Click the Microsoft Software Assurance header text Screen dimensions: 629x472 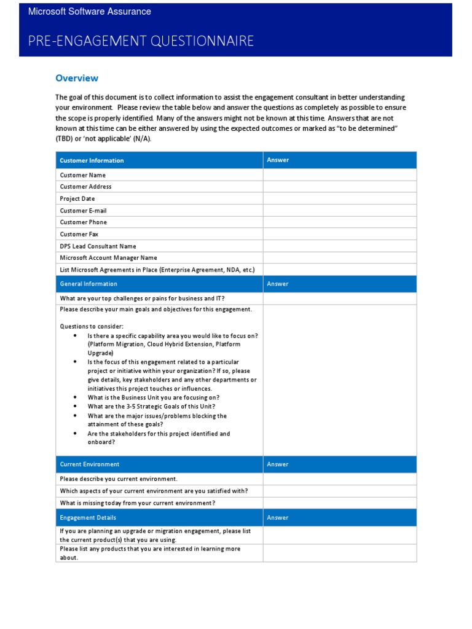pos(90,12)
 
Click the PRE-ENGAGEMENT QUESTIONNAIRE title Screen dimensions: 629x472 pos(141,41)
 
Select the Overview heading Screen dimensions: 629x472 pos(77,78)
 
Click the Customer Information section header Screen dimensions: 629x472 pos(92,160)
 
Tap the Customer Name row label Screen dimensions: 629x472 pos(83,175)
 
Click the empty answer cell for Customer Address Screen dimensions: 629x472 pos(339,187)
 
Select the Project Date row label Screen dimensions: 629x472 pos(77,199)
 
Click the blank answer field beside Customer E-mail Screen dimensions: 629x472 pos(339,211)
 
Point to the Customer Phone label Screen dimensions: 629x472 pos(83,222)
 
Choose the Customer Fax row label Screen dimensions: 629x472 pos(79,234)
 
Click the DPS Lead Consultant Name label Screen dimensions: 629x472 pos(98,246)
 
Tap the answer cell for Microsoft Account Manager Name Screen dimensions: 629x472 pos(339,258)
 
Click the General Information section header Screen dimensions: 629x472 pos(88,284)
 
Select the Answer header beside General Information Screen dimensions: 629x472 pos(278,284)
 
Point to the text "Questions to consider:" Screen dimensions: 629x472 pos(92,327)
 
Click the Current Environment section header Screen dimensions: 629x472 pos(90,464)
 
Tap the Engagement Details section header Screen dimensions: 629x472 pos(88,518)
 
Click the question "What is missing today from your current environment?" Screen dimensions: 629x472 pos(138,503)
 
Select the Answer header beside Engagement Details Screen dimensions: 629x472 pos(278,518)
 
